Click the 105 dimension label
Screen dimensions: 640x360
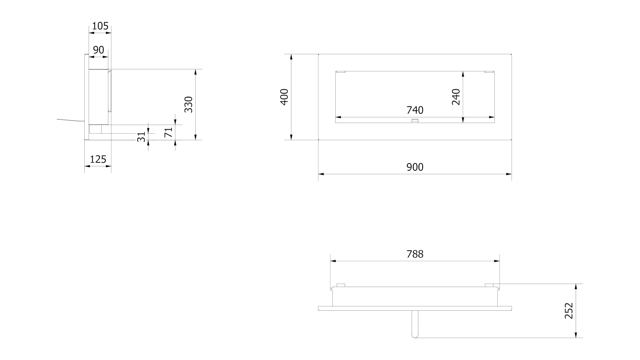click(x=100, y=26)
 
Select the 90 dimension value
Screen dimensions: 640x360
click(x=98, y=50)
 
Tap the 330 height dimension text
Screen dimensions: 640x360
click(x=189, y=104)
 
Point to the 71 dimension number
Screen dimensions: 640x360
click(x=169, y=132)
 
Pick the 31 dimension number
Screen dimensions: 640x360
click(x=142, y=137)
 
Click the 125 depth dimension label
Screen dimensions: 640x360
click(x=98, y=159)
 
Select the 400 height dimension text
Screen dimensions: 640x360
click(x=284, y=97)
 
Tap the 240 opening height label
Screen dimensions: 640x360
click(x=456, y=97)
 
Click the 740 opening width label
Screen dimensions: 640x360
click(x=415, y=110)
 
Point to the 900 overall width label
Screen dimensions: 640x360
click(x=415, y=167)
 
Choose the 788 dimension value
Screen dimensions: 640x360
click(x=415, y=254)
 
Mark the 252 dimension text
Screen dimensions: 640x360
click(x=569, y=311)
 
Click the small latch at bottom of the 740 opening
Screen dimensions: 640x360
click(x=415, y=121)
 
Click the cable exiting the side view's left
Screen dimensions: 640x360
click(x=70, y=120)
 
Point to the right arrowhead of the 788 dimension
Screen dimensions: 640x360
click(x=497, y=261)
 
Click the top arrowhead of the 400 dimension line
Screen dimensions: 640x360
click(x=291, y=57)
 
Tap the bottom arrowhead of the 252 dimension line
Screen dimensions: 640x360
click(x=576, y=335)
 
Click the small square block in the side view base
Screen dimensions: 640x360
click(x=95, y=129)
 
